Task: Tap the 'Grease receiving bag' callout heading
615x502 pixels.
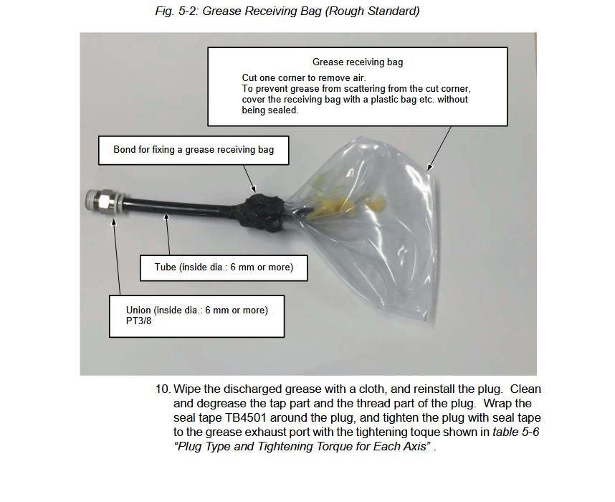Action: point(357,62)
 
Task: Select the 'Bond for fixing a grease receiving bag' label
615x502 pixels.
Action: point(194,150)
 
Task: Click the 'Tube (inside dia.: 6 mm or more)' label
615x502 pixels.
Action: point(224,267)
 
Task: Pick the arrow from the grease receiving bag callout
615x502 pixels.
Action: point(439,148)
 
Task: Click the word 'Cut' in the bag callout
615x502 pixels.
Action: point(249,77)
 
